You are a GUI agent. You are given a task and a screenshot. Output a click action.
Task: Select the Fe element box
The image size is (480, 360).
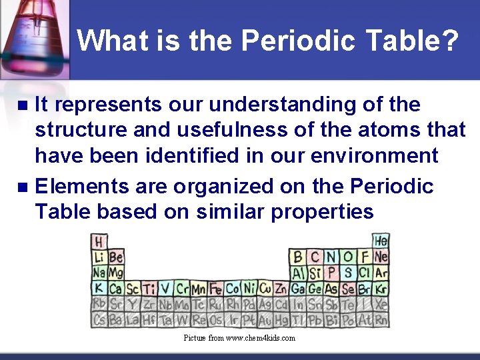215,289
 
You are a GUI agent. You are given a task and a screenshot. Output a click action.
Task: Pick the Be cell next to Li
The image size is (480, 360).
116,257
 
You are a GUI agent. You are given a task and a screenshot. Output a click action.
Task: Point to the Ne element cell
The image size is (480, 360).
381,257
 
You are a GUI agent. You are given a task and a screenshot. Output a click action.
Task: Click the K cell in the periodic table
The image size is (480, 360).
99,289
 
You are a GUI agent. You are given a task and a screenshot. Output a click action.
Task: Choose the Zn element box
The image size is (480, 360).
281,289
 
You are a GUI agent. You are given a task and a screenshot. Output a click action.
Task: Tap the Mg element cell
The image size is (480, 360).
116,273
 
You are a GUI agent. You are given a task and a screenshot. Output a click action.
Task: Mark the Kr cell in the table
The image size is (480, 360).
381,289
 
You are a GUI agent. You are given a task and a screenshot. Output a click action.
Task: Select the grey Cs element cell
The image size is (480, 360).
99,321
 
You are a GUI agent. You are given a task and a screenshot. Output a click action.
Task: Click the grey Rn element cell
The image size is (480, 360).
381,321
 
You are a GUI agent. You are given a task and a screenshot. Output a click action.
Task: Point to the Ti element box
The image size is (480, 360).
149,289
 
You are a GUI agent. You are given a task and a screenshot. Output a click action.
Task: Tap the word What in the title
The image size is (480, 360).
110,41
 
